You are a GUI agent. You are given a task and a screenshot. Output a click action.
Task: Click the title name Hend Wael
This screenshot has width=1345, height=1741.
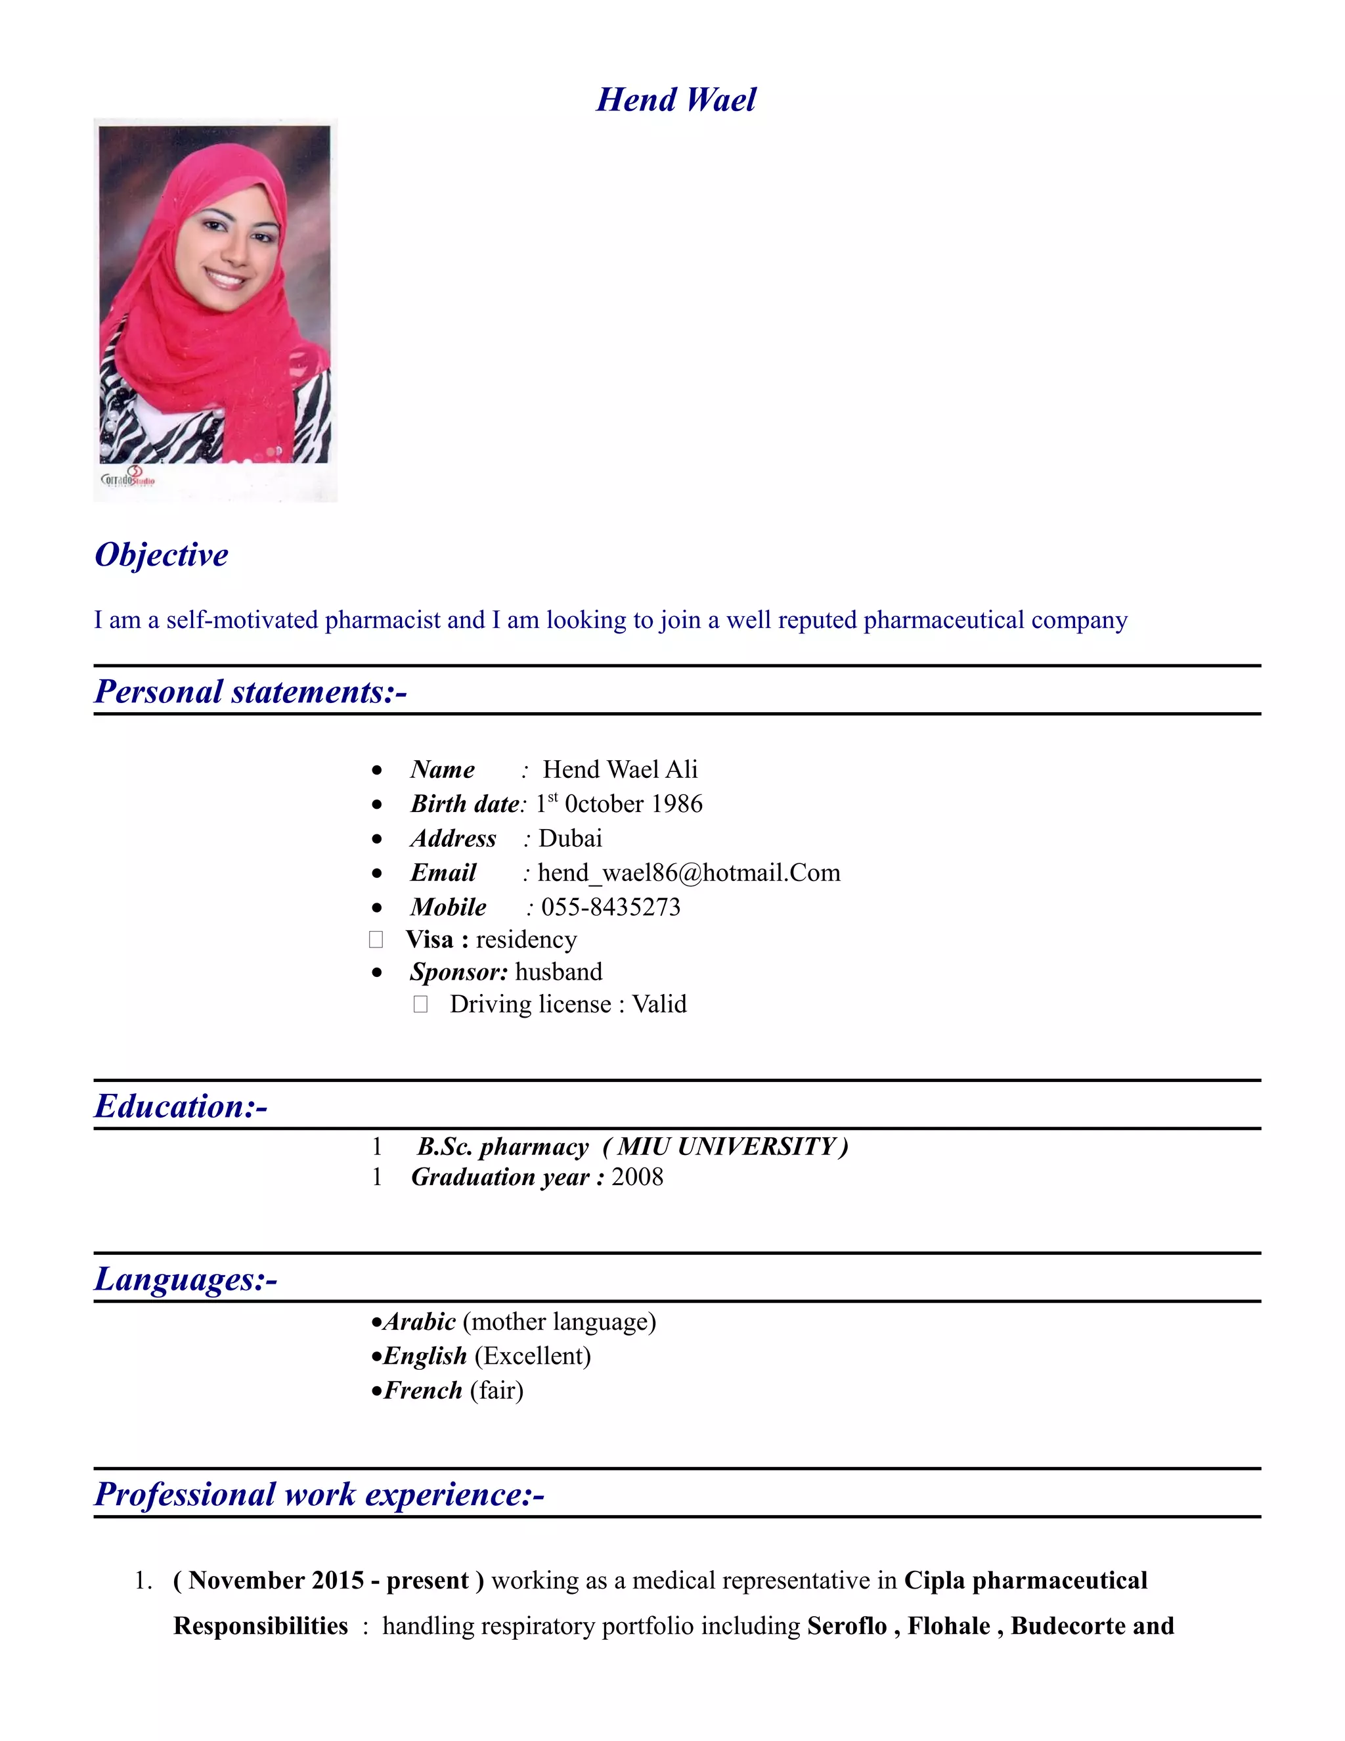[x=676, y=101]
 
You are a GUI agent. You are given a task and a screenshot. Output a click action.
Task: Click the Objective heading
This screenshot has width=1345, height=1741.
[x=162, y=555]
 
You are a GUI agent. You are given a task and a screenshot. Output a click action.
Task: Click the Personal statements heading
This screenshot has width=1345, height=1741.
[x=250, y=692]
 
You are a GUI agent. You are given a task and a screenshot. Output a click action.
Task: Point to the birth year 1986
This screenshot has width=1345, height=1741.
[x=676, y=803]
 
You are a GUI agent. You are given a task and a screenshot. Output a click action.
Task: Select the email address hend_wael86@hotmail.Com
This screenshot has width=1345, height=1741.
[x=688, y=873]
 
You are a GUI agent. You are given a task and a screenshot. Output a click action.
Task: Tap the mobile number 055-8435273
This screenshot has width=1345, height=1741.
[x=610, y=907]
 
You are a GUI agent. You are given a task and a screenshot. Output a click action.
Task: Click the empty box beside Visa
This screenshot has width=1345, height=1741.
[x=376, y=940]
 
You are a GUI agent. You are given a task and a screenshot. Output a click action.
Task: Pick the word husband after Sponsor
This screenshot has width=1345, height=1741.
[x=559, y=972]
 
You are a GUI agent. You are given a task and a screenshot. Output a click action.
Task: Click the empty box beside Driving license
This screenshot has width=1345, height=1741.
[x=421, y=1005]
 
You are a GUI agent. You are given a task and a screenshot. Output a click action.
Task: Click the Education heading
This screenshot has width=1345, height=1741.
[x=181, y=1106]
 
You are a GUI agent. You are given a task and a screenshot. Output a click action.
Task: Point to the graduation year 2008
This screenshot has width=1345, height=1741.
[x=638, y=1177]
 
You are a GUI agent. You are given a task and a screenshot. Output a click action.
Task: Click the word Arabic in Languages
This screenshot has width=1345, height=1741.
[x=420, y=1322]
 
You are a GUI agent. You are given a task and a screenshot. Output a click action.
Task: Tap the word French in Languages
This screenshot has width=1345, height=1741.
[x=423, y=1390]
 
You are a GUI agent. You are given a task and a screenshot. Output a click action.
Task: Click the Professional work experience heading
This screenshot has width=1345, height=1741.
[x=319, y=1495]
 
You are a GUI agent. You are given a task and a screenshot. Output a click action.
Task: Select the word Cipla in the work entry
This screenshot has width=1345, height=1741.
[x=935, y=1581]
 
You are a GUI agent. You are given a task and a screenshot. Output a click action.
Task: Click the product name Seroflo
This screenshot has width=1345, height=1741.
[x=846, y=1626]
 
